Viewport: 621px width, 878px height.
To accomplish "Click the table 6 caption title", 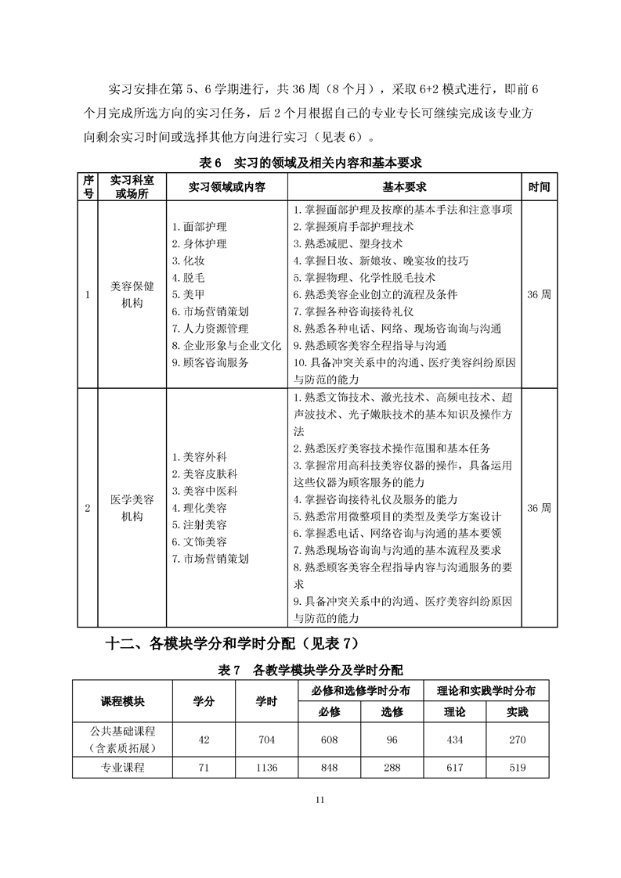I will (311, 163).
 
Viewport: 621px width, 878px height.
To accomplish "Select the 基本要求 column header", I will (404, 188).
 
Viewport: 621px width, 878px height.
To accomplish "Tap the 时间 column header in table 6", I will (539, 188).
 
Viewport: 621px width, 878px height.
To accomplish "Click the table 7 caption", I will (311, 670).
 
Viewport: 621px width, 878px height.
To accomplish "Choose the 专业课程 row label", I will (122, 768).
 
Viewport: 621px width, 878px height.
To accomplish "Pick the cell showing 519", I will (517, 768).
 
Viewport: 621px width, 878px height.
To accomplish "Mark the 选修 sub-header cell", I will (392, 711).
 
